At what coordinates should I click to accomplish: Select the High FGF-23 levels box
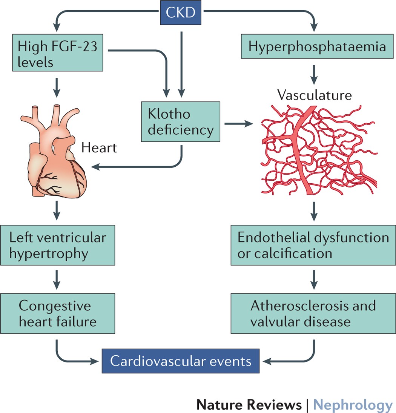(x=57, y=54)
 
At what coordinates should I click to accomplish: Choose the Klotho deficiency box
(x=181, y=122)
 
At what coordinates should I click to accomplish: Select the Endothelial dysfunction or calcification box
(x=313, y=245)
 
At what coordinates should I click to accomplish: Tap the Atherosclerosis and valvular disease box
(x=313, y=314)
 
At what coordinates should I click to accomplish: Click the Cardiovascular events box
(x=181, y=361)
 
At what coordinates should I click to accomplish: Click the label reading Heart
(x=99, y=147)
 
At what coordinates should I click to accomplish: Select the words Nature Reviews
(x=249, y=405)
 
